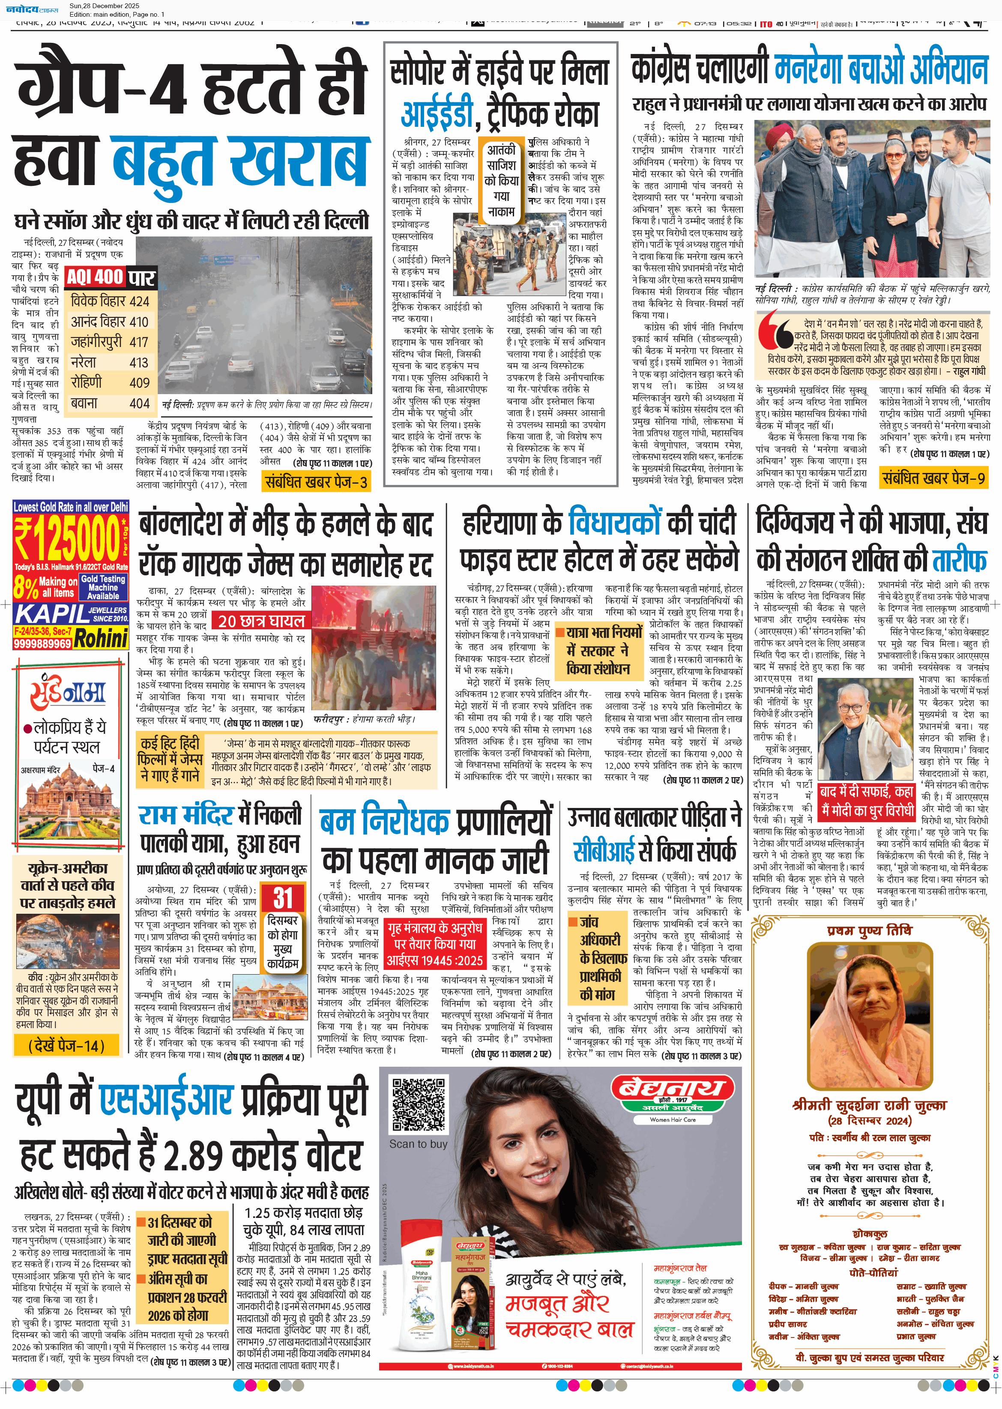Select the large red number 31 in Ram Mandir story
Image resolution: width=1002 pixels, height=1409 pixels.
point(283,898)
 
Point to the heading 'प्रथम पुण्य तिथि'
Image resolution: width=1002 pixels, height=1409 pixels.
point(869,930)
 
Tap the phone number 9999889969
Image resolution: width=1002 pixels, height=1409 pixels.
point(42,643)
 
